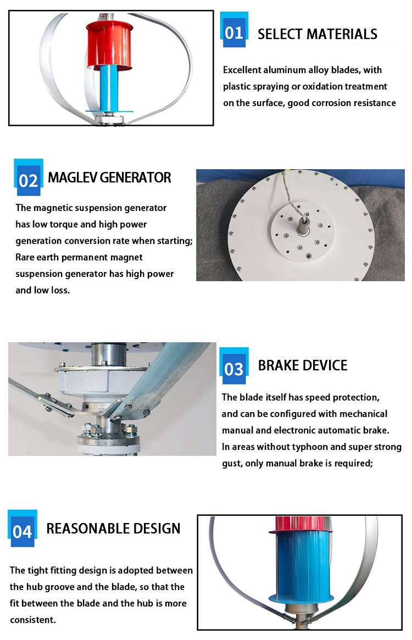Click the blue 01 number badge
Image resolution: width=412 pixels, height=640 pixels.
click(x=234, y=32)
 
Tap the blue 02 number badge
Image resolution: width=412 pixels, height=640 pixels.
click(x=28, y=180)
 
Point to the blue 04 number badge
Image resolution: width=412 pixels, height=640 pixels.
click(x=23, y=531)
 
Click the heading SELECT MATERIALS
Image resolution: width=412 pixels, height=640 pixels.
click(x=318, y=34)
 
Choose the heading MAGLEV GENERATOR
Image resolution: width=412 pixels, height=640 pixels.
click(x=109, y=177)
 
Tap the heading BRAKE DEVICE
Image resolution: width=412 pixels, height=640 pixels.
click(x=303, y=366)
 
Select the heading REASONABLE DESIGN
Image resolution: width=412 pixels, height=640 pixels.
click(x=113, y=528)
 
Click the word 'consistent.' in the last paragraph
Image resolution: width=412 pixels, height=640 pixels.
click(x=33, y=620)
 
